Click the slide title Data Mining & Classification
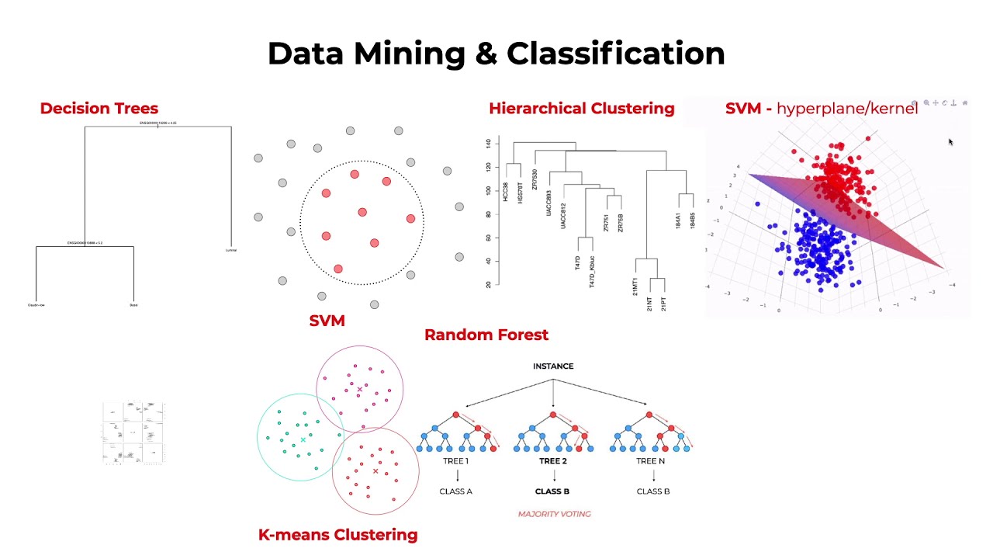click(496, 54)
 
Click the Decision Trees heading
click(99, 109)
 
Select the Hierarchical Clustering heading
click(581, 109)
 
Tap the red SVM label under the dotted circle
click(327, 321)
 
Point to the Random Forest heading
click(486, 335)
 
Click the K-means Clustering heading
click(337, 535)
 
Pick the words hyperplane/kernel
click(847, 109)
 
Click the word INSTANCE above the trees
click(553, 366)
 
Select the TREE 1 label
click(455, 461)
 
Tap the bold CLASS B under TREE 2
click(552, 491)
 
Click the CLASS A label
click(455, 491)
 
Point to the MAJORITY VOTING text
click(554, 514)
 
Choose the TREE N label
click(652, 461)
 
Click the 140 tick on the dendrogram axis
click(488, 144)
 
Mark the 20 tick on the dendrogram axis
click(488, 285)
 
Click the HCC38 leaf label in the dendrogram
click(506, 193)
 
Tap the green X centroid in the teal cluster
click(303, 440)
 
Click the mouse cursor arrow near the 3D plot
click(950, 142)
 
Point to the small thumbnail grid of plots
click(133, 432)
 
